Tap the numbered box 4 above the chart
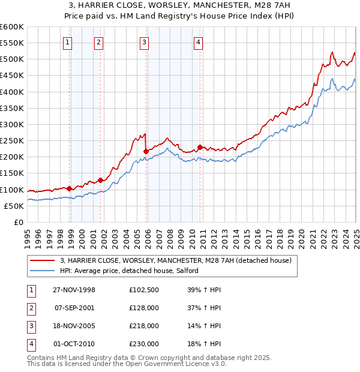[198, 42]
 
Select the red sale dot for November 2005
[146, 151]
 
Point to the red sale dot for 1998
[70, 188]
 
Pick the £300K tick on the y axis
[12, 124]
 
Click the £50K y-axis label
[14, 206]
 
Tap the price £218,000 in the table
[144, 327]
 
